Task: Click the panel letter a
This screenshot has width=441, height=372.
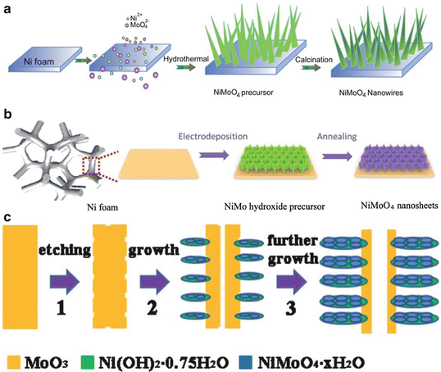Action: tap(7, 7)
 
